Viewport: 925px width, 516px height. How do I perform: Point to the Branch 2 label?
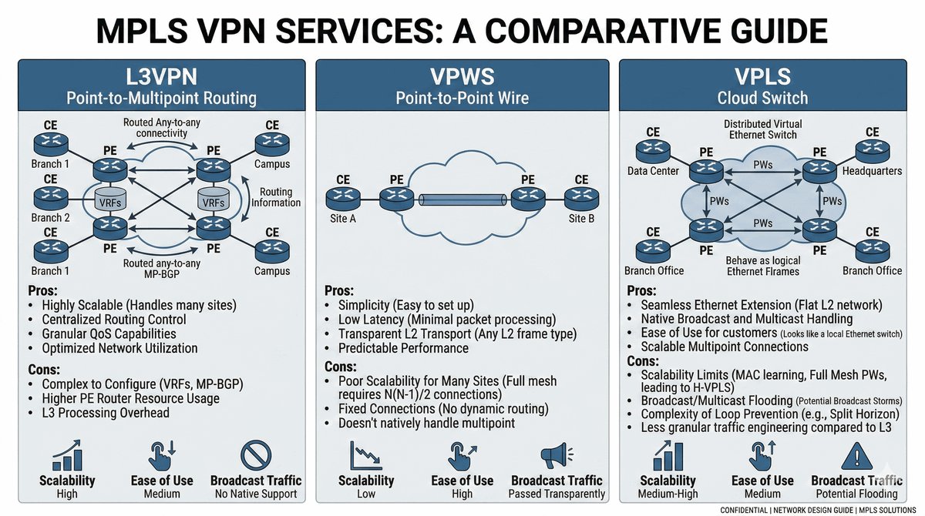[x=51, y=217]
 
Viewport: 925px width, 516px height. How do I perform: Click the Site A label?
[x=343, y=217]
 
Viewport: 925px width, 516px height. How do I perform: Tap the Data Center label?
[x=653, y=171]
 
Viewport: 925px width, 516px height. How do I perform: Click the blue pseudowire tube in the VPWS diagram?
[x=462, y=200]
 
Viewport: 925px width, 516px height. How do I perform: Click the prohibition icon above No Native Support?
[x=256, y=455]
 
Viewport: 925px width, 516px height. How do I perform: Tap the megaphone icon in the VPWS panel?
[x=557, y=455]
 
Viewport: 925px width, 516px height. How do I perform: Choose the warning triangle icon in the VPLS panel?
[x=856, y=455]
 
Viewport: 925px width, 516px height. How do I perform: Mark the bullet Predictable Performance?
[x=403, y=348]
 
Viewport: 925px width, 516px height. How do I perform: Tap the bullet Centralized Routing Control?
[x=115, y=319]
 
